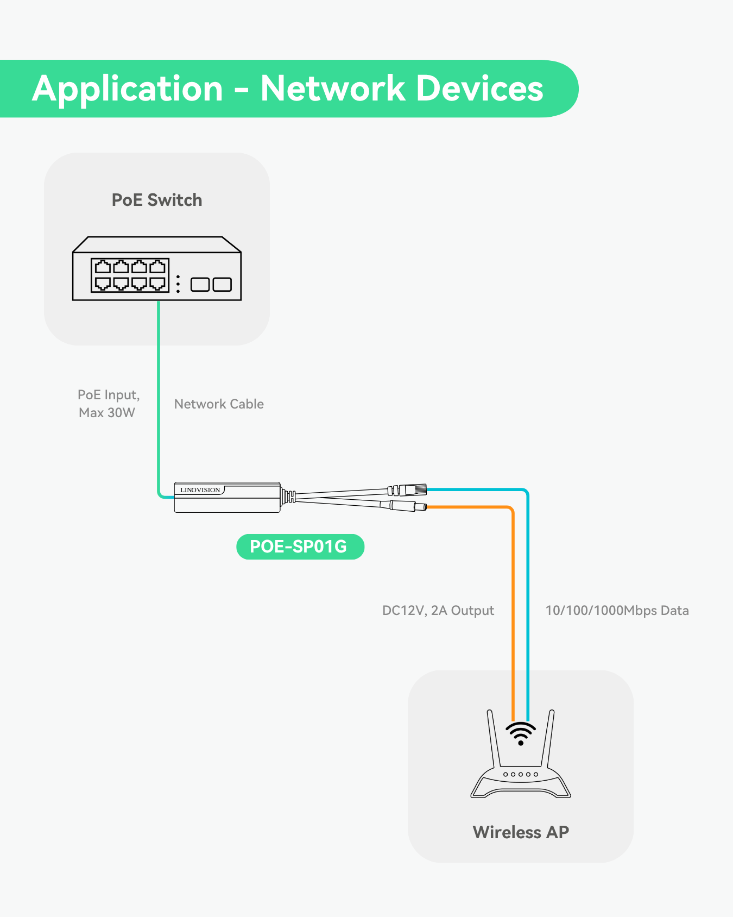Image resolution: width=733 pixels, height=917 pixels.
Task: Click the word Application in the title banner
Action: coord(128,89)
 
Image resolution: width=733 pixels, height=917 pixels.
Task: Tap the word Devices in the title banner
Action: coord(480,89)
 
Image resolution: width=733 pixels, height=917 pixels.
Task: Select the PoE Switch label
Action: coord(157,200)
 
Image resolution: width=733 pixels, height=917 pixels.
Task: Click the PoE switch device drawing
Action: coord(156,269)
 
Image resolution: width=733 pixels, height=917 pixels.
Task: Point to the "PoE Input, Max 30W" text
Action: coord(108,404)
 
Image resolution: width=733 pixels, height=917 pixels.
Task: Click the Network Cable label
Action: coord(219,404)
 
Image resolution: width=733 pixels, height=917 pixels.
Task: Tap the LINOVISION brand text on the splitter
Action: coord(200,490)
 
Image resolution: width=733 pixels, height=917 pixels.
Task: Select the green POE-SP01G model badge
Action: coord(300,547)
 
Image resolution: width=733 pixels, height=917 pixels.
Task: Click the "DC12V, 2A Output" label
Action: coord(438,611)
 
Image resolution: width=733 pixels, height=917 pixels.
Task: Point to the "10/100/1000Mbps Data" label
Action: coord(617,611)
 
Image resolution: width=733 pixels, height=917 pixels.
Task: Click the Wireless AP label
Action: coord(521,832)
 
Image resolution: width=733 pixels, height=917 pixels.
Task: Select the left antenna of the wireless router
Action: coord(493,739)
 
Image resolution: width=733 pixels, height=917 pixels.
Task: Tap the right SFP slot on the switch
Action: coord(222,284)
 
